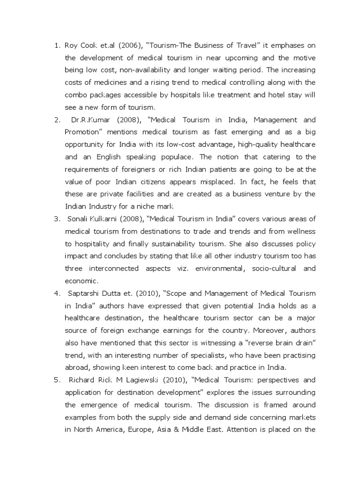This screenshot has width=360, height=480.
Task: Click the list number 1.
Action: tap(57, 45)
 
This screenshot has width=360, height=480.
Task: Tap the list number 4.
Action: tap(57, 293)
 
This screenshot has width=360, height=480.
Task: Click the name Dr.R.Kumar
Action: tap(87, 120)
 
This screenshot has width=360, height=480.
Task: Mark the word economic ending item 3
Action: tap(81, 281)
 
